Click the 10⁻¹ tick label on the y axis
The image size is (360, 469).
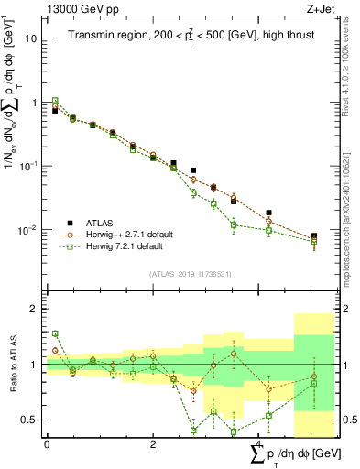[27, 166]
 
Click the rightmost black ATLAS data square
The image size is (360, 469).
[314, 236]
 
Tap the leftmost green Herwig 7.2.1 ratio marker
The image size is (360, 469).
[55, 334]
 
